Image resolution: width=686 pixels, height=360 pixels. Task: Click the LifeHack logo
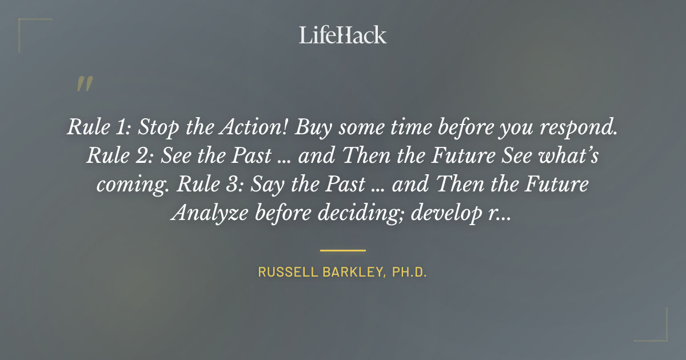click(x=342, y=35)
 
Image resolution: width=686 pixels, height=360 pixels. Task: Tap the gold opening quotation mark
click(x=84, y=84)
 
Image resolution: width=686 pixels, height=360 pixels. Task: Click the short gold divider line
click(x=342, y=250)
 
